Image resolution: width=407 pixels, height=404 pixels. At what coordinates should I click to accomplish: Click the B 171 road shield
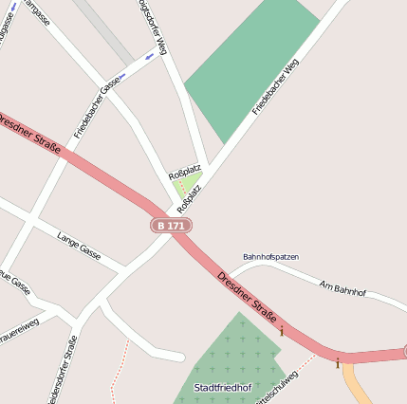171,226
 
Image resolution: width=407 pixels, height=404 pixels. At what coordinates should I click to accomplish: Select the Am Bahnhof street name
342,288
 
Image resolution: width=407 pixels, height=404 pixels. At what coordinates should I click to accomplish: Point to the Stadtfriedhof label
220,388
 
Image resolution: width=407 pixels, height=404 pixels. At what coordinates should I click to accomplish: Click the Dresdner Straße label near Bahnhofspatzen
247,297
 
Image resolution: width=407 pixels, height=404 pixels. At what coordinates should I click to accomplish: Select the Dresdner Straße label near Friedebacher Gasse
30,134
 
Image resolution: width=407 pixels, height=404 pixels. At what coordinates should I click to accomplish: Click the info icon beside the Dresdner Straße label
282,330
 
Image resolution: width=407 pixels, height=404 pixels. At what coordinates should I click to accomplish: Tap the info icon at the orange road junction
337,361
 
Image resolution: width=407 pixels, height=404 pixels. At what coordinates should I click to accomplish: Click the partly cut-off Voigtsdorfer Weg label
153,27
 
